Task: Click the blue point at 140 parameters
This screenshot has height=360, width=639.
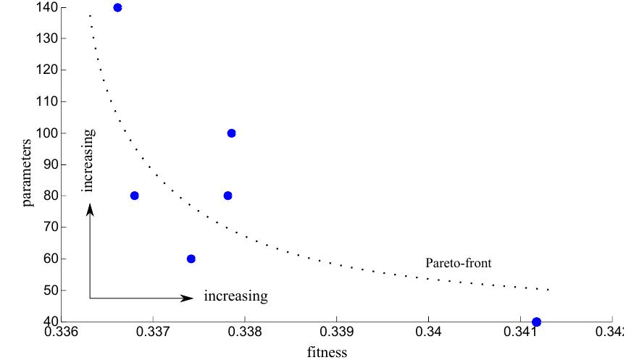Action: (x=117, y=7)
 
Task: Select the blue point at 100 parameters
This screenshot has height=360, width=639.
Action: (x=231, y=133)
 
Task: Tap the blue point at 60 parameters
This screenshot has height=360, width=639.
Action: (x=191, y=259)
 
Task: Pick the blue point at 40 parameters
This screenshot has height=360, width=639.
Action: (x=536, y=322)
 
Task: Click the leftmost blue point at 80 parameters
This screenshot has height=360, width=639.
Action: (x=134, y=196)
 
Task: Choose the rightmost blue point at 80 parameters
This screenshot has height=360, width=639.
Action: (x=227, y=196)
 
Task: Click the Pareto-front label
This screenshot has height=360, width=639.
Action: (x=459, y=263)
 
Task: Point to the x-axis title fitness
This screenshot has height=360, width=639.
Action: (x=327, y=353)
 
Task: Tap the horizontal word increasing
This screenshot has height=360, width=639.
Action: (x=235, y=296)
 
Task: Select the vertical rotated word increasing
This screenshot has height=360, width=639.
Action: (x=88, y=160)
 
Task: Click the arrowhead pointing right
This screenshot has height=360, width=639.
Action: (x=188, y=298)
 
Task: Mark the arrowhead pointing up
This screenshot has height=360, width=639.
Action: (x=90, y=209)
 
